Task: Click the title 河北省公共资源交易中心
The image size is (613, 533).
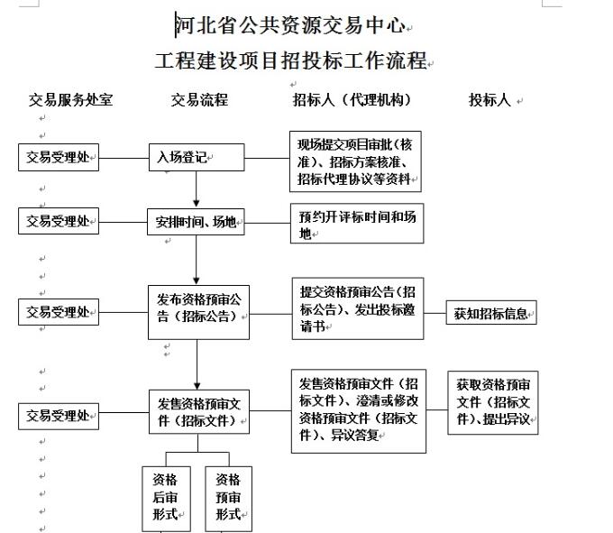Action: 289,25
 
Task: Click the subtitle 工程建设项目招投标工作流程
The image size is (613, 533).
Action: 290,60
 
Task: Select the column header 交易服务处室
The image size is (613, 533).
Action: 70,100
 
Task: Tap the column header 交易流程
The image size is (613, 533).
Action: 199,100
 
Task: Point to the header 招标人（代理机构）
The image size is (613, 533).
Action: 352,100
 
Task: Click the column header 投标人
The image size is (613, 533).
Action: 489,100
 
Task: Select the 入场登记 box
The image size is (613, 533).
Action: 197,157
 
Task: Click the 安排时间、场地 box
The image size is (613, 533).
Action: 196,222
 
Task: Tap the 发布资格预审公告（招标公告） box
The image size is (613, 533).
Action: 198,312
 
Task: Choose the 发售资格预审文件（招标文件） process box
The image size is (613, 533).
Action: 199,412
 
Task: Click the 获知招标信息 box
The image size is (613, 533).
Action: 491,312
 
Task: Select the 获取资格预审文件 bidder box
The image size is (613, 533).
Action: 493,403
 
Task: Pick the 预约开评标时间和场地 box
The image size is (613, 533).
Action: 357,224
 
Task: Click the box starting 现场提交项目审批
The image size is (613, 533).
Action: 355,161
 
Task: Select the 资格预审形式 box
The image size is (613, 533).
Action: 229,499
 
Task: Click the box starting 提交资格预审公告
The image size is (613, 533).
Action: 358,308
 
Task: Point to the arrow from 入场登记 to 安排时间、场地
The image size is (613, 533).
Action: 197,189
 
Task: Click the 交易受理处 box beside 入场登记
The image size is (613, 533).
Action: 59,157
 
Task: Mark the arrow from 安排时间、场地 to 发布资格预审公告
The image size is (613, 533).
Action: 197,260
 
